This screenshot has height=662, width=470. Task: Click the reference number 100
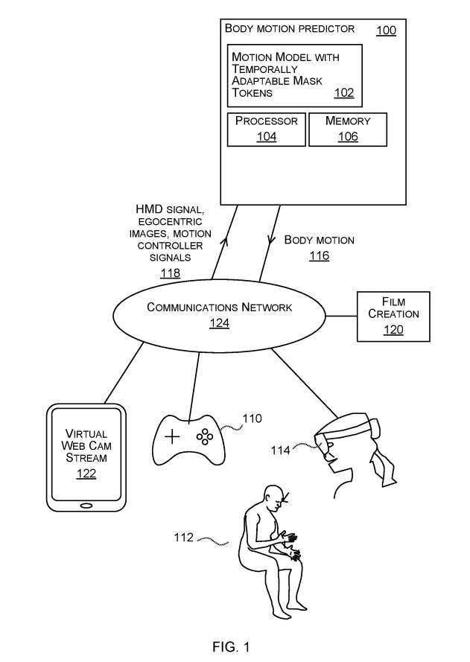(x=386, y=31)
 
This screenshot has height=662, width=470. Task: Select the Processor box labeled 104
(x=267, y=128)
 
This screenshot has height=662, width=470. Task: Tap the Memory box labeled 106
(x=347, y=128)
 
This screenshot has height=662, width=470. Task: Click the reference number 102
(x=344, y=93)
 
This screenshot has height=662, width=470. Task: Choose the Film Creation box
(x=393, y=316)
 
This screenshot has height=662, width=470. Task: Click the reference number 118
(x=170, y=273)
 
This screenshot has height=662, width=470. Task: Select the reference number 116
(x=319, y=256)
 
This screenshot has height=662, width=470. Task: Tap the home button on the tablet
(x=86, y=506)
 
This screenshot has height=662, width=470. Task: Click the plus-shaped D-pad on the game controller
(x=172, y=436)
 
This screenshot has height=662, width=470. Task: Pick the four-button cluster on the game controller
(x=203, y=436)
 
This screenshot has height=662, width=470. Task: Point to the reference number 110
(x=252, y=418)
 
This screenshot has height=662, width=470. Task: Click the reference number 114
(x=280, y=450)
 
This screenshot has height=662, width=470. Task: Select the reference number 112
(x=184, y=537)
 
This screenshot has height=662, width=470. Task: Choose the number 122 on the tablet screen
(x=86, y=474)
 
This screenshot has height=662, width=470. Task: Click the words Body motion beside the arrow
(x=319, y=240)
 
